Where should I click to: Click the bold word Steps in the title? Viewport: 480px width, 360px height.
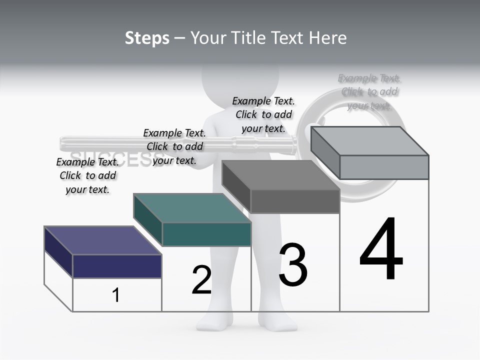point(147,38)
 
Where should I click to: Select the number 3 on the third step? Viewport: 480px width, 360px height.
point(293,265)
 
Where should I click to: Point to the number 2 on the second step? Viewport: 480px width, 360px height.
point(201,280)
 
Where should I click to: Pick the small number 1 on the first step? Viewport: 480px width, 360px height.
point(116,295)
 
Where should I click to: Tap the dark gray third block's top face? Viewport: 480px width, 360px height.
point(280,175)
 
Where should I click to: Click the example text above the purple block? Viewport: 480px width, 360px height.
point(87,175)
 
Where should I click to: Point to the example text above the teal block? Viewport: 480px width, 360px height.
point(174,146)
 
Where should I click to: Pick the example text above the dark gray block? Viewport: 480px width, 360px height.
point(263,114)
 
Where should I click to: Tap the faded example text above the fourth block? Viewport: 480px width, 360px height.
point(369,91)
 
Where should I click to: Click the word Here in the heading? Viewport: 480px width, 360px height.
point(328,38)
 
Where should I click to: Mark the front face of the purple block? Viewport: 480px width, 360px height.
point(117,266)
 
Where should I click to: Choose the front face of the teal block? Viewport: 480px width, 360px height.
point(206,234)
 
